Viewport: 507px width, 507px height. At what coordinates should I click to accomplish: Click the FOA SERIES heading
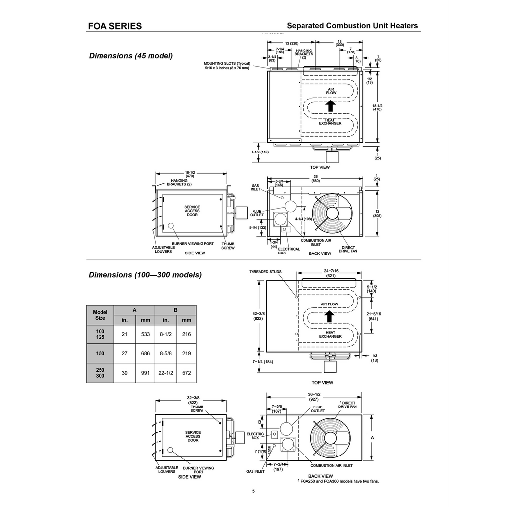point(115,26)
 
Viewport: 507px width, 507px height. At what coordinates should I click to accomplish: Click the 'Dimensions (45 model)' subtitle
point(131,56)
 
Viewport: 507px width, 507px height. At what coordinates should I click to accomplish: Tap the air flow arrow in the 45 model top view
point(330,106)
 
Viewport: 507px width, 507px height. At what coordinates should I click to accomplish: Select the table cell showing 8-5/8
point(166,353)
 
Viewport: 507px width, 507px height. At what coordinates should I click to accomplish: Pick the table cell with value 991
point(145,373)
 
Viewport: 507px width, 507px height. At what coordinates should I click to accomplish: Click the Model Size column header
point(100,315)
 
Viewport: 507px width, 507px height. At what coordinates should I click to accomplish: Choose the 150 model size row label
point(100,353)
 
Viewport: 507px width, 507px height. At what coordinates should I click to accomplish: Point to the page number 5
point(253,491)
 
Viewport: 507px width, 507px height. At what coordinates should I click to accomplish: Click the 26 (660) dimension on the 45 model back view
point(315,179)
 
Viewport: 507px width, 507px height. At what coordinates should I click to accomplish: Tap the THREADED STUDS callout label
point(265,272)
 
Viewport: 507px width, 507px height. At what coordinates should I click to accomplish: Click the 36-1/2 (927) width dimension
point(314,397)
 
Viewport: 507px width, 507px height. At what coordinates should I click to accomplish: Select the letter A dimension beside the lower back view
point(372,438)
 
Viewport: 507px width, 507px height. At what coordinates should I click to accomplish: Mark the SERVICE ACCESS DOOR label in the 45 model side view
point(192,211)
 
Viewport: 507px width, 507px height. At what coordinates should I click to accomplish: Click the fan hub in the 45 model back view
point(332,213)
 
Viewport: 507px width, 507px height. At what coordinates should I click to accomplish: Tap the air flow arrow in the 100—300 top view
point(329,316)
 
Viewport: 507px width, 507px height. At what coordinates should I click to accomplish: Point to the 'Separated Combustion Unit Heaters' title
point(353,26)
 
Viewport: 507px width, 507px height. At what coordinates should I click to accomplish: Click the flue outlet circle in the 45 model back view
point(290,205)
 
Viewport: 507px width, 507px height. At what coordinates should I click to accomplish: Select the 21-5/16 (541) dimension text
point(374,316)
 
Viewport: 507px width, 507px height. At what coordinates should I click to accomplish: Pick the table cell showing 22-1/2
point(166,373)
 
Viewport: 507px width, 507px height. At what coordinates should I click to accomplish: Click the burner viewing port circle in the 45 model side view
point(171,225)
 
